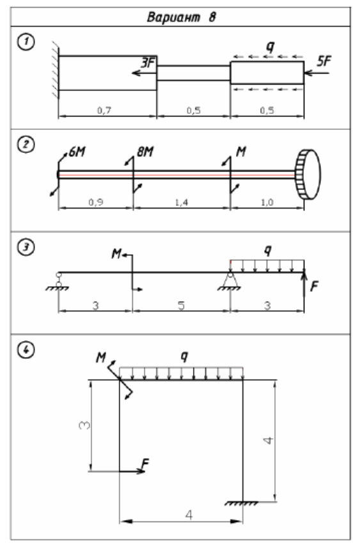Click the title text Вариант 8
pos(182,17)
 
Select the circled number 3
pos(26,248)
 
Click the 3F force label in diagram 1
pos(148,63)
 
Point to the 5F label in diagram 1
pos(324,61)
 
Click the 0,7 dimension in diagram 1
pos(104,110)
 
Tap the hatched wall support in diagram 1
pos(55,70)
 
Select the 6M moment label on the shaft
pos(77,152)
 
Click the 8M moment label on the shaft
pos(145,152)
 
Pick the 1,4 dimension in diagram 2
pos(182,202)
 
